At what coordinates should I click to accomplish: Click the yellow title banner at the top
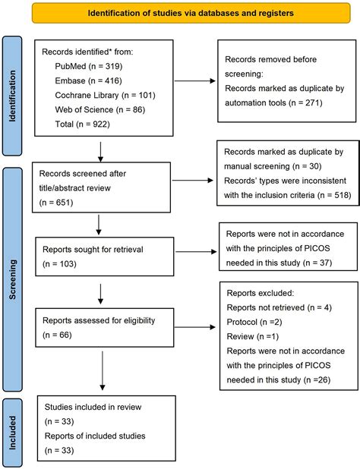click(191, 13)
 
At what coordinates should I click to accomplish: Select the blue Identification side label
click(12, 96)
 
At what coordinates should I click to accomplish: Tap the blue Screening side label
click(12, 279)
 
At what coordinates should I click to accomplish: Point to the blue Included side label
click(12, 433)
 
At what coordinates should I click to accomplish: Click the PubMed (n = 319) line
click(89, 66)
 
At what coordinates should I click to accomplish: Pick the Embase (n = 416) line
click(88, 80)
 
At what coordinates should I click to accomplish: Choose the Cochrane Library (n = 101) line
click(105, 95)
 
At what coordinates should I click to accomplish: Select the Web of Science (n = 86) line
click(100, 110)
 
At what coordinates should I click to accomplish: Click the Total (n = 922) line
click(82, 124)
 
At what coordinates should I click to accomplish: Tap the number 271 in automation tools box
click(312, 103)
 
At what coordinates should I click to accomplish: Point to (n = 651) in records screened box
click(56, 203)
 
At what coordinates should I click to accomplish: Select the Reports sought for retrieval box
click(105, 257)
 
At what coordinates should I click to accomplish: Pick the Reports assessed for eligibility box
click(105, 328)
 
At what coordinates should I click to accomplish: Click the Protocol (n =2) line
click(254, 322)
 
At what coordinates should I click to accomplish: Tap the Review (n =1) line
click(253, 336)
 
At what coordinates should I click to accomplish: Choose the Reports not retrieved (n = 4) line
click(279, 307)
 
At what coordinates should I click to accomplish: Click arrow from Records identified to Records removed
click(195, 80)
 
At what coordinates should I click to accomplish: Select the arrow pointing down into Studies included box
click(103, 370)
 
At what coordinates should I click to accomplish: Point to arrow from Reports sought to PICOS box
click(196, 252)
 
